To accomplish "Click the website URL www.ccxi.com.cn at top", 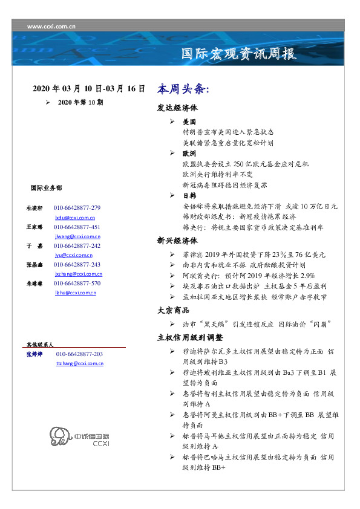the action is [51, 26].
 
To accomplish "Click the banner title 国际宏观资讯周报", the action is [239, 54].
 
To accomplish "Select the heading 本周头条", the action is [183, 89].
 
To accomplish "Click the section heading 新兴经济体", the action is [178, 241].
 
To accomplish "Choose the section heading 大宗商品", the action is [174, 311].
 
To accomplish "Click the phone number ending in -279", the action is [77, 207].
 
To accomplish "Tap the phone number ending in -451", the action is [77, 227].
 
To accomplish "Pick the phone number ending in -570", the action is [77, 283].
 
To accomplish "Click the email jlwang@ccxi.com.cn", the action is [77, 236].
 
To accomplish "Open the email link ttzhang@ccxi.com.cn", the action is [79, 363].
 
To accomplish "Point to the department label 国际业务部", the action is [45, 187].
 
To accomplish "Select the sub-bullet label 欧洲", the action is [189, 154].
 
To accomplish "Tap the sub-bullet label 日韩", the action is [189, 196].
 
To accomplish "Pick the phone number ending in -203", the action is [79, 354].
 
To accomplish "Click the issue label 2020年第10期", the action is [80, 103].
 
